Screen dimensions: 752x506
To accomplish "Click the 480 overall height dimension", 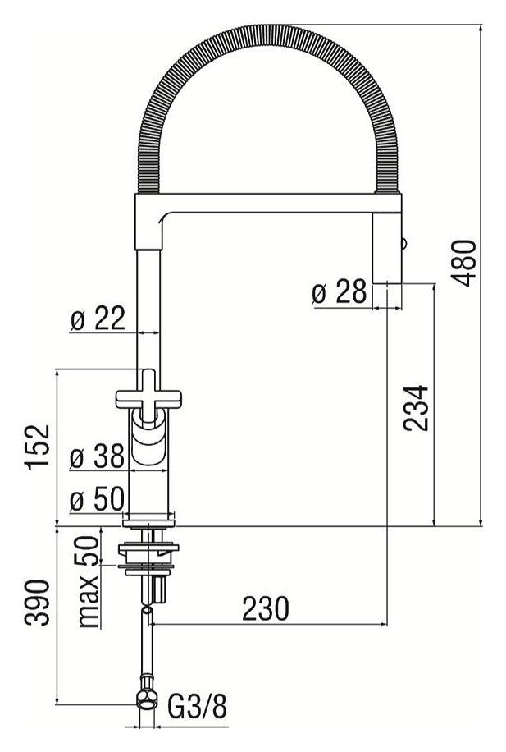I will click(464, 263).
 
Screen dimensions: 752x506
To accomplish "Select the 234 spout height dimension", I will click(417, 408).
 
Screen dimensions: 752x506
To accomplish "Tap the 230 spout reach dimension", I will click(265, 608).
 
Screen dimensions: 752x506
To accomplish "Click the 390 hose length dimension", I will click(39, 603).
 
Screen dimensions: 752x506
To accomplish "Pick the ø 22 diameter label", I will click(98, 319).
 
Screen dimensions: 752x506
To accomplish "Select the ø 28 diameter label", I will click(340, 292).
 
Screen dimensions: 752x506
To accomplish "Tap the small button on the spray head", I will click(403, 241).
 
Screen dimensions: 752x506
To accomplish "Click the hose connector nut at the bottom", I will click(147, 698).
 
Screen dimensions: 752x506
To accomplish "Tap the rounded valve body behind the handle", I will click(149, 443).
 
